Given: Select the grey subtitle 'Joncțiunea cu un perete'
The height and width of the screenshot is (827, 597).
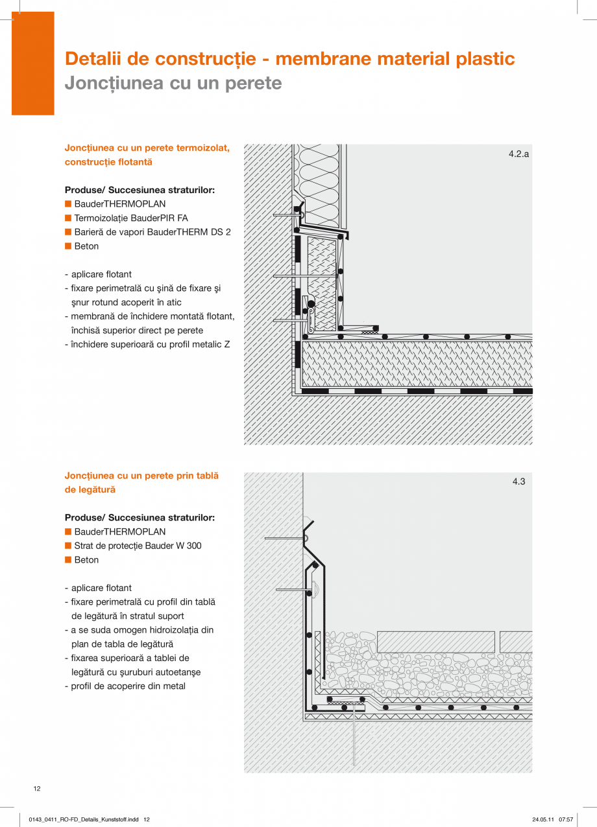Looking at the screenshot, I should [x=173, y=84].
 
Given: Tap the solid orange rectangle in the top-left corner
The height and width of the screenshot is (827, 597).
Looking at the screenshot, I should [x=32, y=64].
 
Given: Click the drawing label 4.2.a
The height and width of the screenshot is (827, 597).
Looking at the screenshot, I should [x=518, y=154].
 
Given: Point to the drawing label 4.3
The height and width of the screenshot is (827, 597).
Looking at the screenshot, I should [x=518, y=482].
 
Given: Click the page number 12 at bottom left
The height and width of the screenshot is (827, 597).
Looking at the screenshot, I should [x=37, y=788].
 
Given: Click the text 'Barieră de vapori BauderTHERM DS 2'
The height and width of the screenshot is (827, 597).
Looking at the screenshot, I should [x=152, y=232].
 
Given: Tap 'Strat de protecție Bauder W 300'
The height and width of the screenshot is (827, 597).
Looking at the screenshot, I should [x=138, y=546].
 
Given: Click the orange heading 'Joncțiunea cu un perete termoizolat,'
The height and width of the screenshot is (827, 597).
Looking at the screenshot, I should [x=147, y=148].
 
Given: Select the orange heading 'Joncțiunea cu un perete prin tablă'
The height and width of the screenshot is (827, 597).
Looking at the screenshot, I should [x=141, y=476].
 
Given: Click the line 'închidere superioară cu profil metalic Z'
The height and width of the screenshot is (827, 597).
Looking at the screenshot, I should [x=150, y=344].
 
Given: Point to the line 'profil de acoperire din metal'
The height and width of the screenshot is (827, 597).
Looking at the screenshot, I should [x=128, y=686].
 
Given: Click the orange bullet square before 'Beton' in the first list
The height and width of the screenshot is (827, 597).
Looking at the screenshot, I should [x=67, y=246].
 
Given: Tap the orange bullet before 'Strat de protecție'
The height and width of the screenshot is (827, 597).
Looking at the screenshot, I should [x=67, y=546].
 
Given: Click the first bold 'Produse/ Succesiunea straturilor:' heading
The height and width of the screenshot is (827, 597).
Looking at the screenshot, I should [x=140, y=190].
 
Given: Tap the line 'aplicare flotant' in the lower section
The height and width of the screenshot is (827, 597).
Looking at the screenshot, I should [x=101, y=588].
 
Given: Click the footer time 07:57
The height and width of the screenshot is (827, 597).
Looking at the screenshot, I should [x=566, y=819].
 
